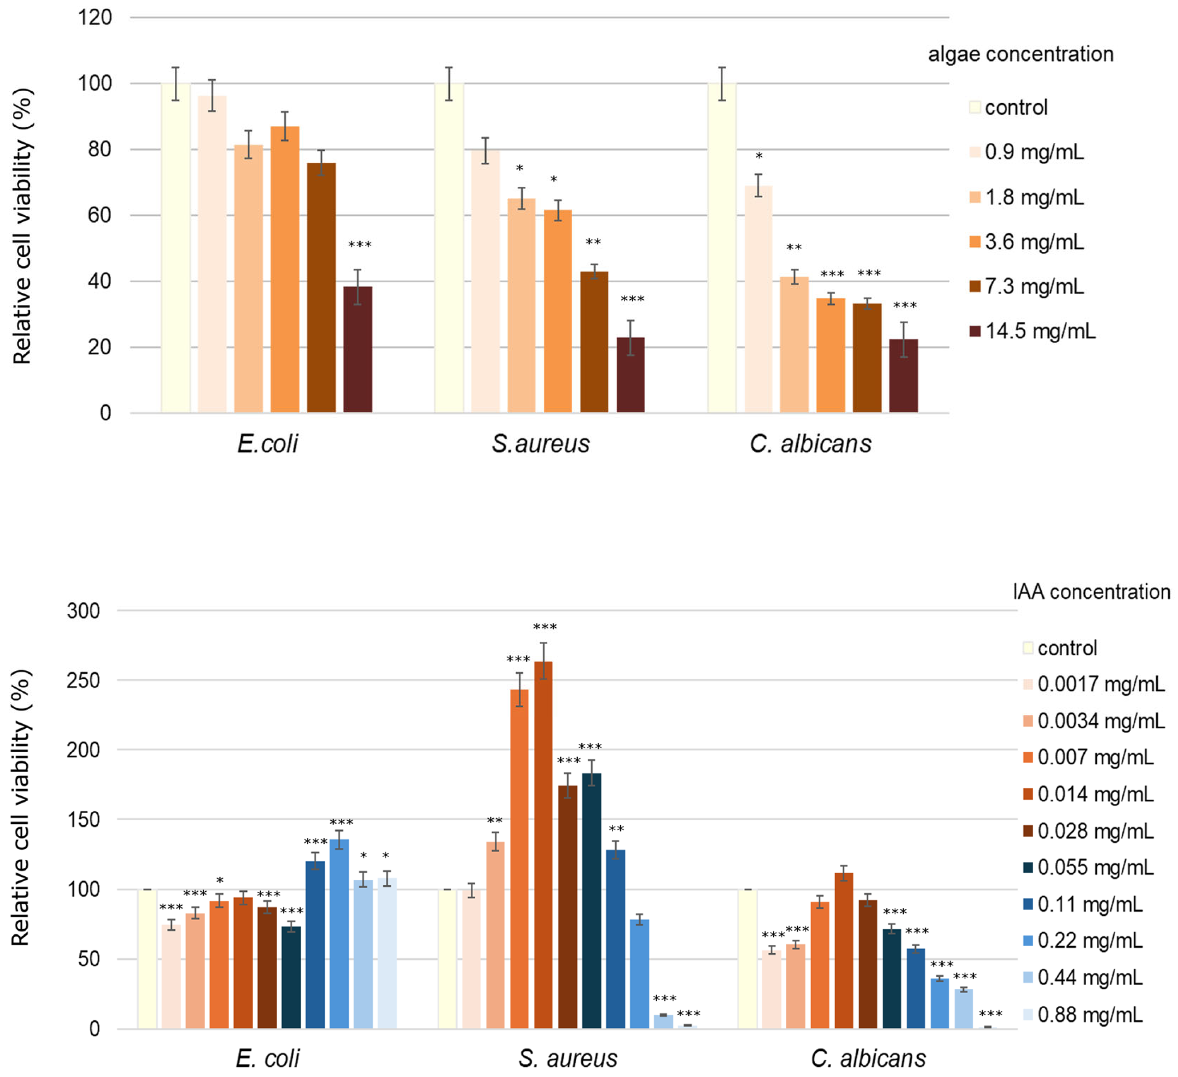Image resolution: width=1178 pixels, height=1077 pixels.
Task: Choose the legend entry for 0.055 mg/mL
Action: [x=1088, y=867]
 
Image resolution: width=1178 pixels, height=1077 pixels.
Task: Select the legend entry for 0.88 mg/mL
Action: [x=1082, y=1015]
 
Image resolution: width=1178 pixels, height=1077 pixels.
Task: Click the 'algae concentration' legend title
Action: [x=1021, y=54]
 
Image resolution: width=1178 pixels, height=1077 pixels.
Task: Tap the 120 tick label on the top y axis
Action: [x=95, y=18]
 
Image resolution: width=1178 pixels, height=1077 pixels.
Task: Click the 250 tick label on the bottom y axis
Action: [x=83, y=681]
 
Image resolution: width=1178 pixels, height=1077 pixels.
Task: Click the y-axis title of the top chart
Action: [x=22, y=226]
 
